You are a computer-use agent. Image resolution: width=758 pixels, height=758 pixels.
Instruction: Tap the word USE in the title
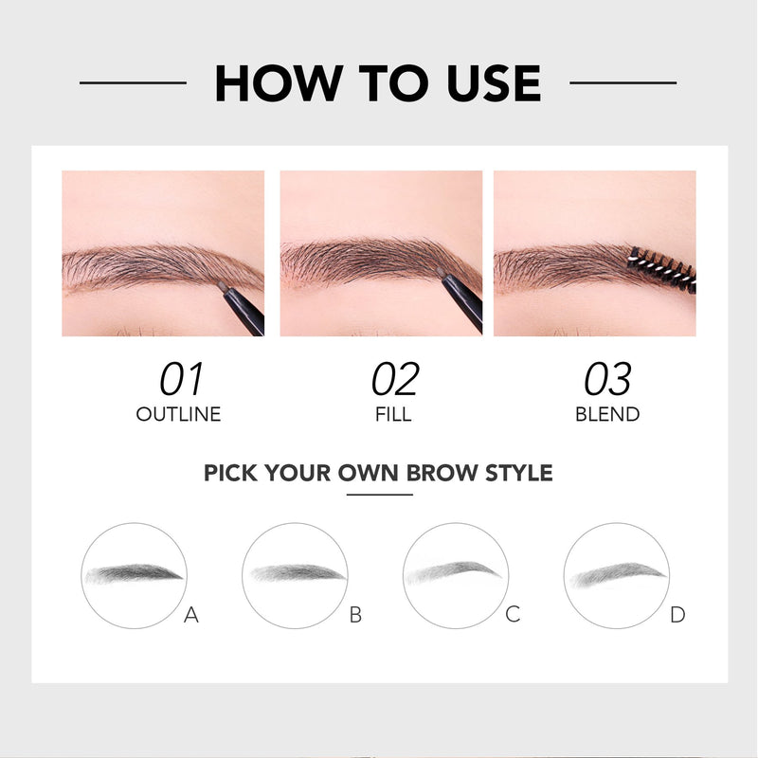click(494, 83)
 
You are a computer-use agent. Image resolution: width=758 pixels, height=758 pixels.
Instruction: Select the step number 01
click(181, 380)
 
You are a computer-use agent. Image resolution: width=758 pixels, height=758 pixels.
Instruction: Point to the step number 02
click(395, 380)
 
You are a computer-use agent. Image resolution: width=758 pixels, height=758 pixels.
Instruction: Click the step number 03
click(607, 380)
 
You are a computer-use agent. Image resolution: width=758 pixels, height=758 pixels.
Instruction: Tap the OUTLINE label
click(178, 414)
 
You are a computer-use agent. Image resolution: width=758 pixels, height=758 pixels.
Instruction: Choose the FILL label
click(393, 414)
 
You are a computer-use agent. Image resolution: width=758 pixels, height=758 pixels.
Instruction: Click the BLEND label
click(607, 414)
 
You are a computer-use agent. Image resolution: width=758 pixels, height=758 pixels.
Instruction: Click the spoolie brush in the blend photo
click(662, 270)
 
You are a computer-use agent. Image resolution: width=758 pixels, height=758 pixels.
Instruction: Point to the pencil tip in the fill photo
click(440, 272)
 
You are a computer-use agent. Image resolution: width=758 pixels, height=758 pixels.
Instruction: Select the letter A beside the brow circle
click(191, 615)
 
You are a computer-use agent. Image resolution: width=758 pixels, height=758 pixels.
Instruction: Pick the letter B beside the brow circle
click(355, 615)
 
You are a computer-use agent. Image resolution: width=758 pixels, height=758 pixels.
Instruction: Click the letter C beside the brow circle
click(513, 614)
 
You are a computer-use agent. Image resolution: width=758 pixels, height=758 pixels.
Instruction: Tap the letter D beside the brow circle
click(677, 615)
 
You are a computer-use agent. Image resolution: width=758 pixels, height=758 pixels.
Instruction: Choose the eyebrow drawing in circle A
click(135, 573)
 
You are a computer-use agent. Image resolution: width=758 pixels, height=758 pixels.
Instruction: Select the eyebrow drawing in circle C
click(454, 572)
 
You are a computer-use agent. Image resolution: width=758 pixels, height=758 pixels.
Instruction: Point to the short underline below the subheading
click(380, 495)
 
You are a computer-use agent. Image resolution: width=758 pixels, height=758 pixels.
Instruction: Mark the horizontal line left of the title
click(133, 82)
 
